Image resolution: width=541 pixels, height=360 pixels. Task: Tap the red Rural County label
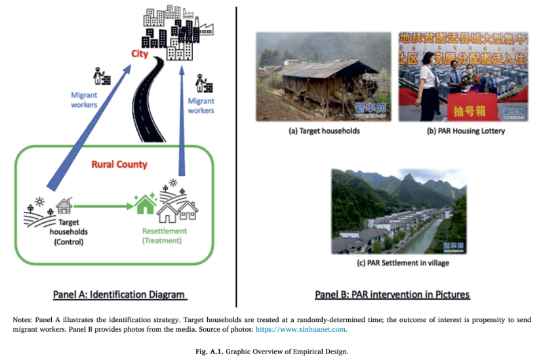pos(118,164)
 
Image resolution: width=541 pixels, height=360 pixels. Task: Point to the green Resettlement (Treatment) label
pos(164,235)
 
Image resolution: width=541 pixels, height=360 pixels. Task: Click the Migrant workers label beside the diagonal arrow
pos(84,100)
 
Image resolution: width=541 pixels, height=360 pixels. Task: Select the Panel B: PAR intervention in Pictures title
pos(392,294)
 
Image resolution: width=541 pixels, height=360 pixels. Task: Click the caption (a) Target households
pos(324,130)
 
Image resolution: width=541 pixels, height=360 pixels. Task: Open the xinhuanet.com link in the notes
pos(301,329)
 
